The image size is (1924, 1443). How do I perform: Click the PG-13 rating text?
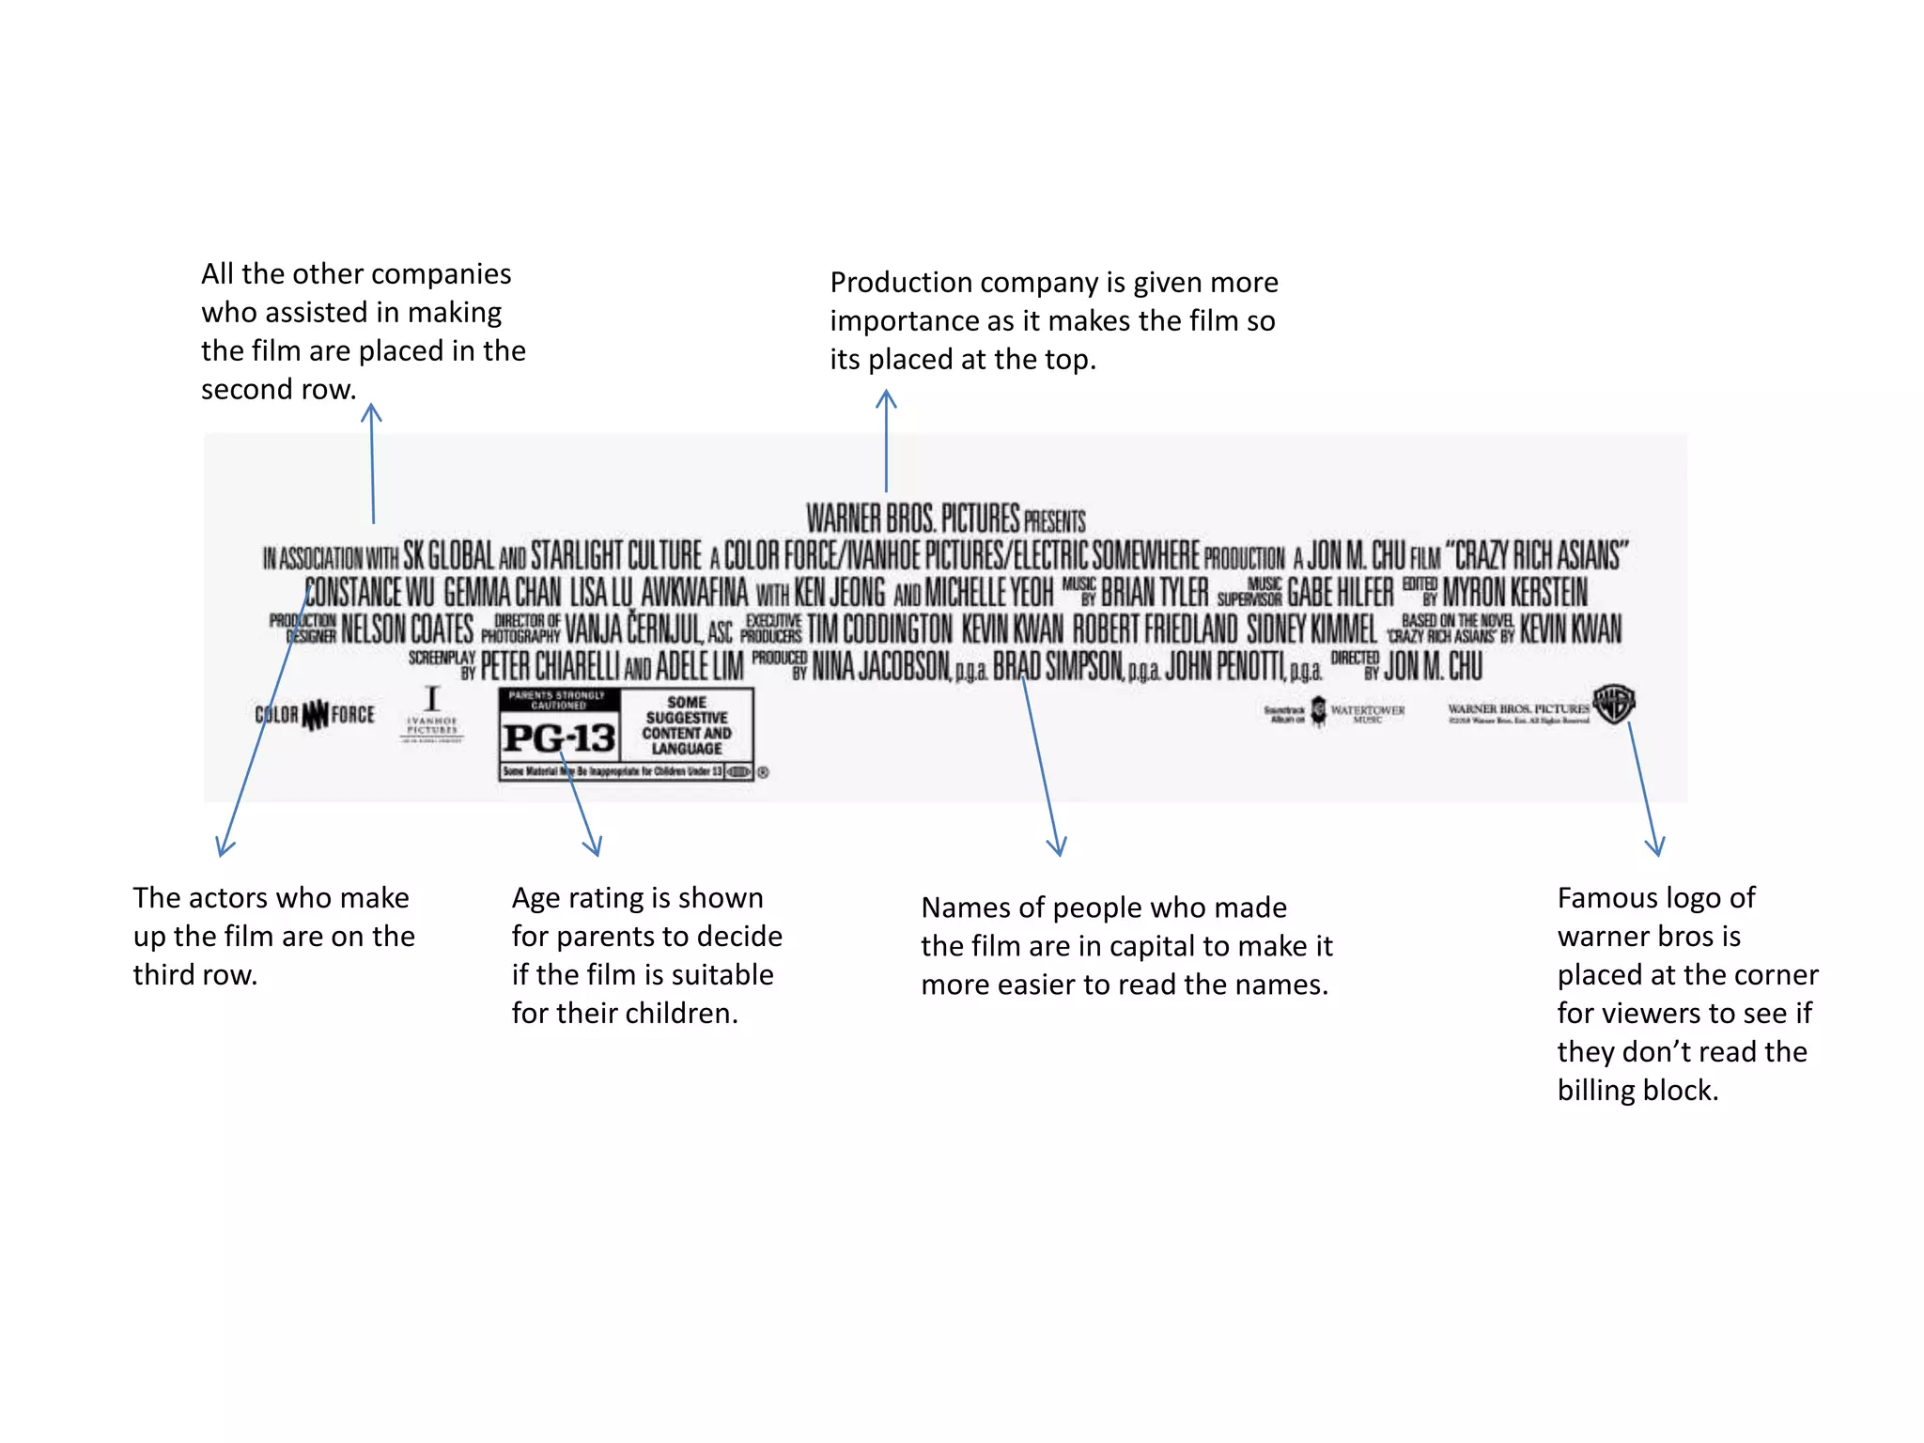559,738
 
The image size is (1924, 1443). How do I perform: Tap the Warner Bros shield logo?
1615,705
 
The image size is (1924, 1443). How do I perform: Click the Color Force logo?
315,715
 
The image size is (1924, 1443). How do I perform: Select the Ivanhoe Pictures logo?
432,714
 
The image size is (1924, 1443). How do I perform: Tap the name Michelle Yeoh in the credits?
989,593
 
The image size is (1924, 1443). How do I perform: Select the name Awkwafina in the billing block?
694,593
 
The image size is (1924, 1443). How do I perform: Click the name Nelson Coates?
407,629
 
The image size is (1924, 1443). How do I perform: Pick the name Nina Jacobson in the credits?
880,667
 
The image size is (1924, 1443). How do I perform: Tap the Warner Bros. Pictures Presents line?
945,519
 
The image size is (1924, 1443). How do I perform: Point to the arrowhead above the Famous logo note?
1656,847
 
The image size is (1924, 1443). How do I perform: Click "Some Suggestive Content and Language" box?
687,725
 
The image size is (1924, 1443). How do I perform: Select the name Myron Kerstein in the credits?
1514,593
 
